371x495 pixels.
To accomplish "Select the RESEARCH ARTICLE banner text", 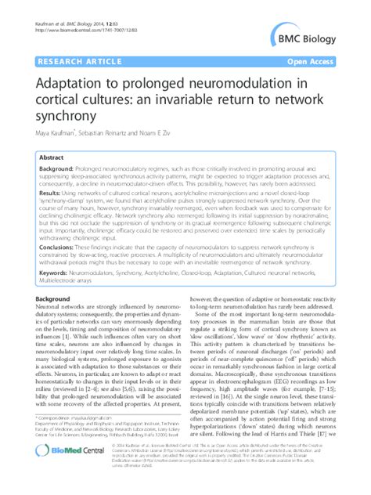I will (76, 60).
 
